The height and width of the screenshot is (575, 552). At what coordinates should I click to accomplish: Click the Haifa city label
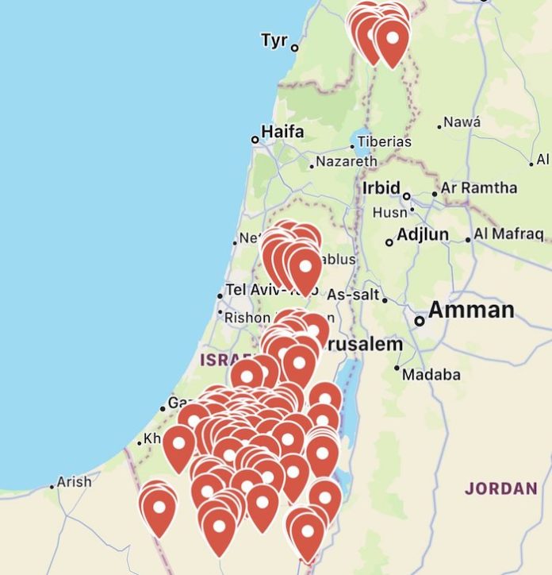coord(282,132)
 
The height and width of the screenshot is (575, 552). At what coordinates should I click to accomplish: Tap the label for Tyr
coord(274,40)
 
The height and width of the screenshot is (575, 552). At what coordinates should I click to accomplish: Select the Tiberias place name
coord(384,141)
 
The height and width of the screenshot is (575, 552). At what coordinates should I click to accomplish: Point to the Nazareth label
coord(347,161)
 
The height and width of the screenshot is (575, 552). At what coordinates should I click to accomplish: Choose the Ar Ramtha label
coord(478,188)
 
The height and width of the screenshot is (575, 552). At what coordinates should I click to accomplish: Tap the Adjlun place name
coord(423,235)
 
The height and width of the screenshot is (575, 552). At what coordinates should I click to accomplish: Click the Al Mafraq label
coord(509,234)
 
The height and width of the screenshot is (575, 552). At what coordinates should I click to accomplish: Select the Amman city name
coord(471,311)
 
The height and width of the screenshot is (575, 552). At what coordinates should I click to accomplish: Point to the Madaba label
coord(431,374)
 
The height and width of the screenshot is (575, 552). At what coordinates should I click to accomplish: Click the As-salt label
coord(354,295)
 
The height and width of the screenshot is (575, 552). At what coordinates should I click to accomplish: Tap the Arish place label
coord(75,481)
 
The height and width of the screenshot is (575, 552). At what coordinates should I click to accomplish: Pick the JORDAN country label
coord(500,488)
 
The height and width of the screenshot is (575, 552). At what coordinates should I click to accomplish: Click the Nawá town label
coord(462,122)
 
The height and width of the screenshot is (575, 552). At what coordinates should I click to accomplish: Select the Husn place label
coord(389,213)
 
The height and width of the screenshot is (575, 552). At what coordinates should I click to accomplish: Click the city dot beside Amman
coord(420,321)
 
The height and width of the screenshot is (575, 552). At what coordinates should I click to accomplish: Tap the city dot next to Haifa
coord(255,139)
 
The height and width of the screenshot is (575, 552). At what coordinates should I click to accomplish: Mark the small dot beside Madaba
coord(397,368)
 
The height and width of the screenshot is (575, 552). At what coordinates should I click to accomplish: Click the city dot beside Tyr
coord(294,48)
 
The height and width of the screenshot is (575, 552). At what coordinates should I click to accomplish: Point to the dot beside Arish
coord(52,486)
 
